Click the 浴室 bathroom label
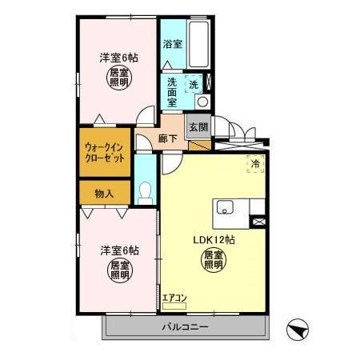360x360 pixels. click(x=173, y=44)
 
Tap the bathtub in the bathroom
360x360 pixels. click(x=198, y=44)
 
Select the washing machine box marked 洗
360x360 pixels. click(x=194, y=84)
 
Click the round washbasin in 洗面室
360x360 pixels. click(x=202, y=102)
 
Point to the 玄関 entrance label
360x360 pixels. click(x=198, y=127)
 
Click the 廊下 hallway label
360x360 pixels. click(x=168, y=138)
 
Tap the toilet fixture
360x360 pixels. click(x=146, y=193)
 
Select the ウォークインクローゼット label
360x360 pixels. click(x=105, y=153)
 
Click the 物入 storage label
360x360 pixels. click(x=104, y=194)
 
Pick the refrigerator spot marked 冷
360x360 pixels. click(x=255, y=163)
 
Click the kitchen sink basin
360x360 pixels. click(x=225, y=207)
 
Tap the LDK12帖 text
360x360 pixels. click(x=214, y=240)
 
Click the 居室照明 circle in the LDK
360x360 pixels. click(x=214, y=260)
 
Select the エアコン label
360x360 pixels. click(x=174, y=298)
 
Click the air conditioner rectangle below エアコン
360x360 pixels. click(x=174, y=306)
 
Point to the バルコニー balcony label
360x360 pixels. click(x=186, y=327)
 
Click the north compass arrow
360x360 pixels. click(x=298, y=330)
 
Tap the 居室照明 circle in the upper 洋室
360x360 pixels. click(x=119, y=78)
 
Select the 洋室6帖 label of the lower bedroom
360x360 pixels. click(x=119, y=250)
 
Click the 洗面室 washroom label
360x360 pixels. click(x=172, y=92)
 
